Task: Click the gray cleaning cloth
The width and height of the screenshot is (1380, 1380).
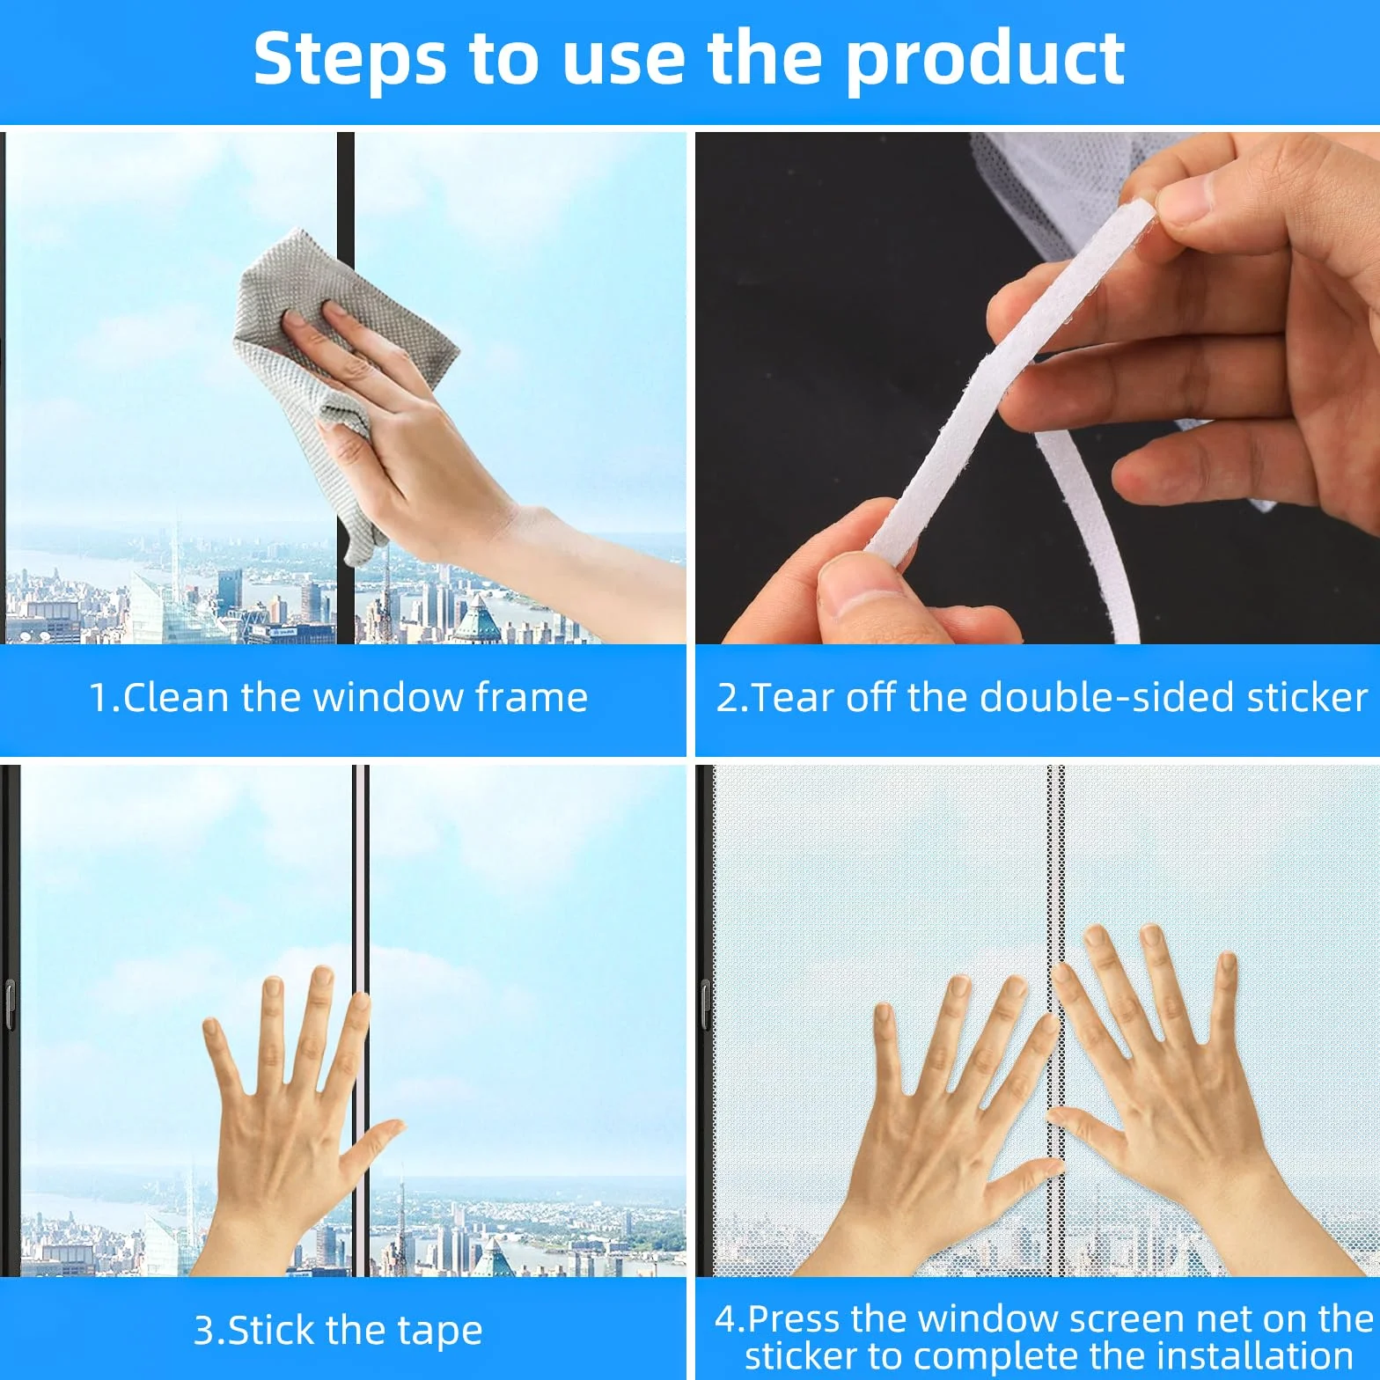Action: tap(343, 370)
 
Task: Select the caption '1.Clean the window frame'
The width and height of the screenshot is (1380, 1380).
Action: tap(339, 698)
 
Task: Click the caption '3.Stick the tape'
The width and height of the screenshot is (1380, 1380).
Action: tap(338, 1331)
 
